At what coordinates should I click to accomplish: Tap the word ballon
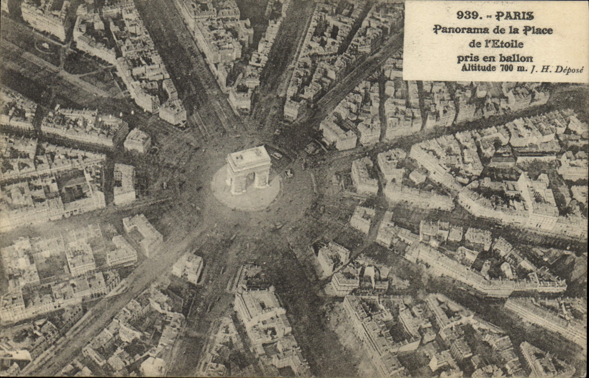(516, 58)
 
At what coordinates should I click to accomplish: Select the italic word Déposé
(569, 70)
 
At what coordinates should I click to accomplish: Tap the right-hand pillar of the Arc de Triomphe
(264, 177)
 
